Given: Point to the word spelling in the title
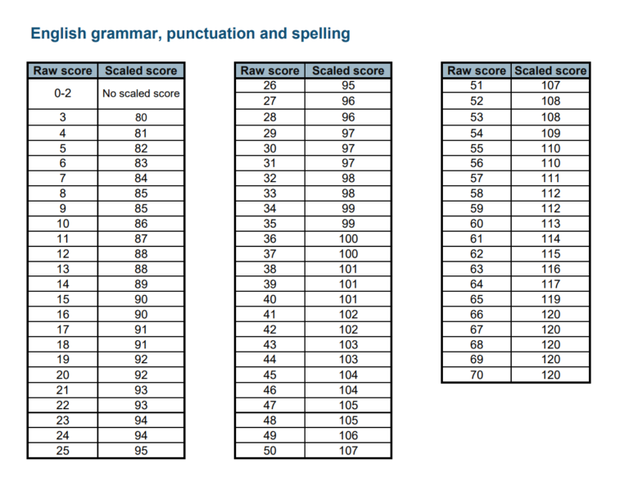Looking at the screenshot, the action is (320, 34).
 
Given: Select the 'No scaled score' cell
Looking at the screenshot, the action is (141, 93).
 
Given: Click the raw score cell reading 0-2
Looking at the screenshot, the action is (63, 93).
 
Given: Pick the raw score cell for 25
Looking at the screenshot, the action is (63, 451).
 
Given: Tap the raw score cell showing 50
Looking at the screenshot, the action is (270, 451).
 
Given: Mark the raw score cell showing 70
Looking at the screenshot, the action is (477, 375).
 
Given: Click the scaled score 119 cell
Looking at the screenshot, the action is (551, 299).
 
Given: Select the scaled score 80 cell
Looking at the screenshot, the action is (141, 117).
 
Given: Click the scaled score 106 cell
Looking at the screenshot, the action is (348, 435).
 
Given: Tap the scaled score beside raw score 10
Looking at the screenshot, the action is (141, 223).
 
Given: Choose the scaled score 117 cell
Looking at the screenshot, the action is (551, 284).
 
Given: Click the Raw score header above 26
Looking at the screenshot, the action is (270, 70).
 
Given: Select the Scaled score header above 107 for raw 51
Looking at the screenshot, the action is (550, 70).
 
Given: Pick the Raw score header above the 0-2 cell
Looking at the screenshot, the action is (63, 70).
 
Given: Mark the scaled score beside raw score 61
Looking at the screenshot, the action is (551, 239).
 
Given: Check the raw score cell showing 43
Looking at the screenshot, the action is (270, 345).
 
